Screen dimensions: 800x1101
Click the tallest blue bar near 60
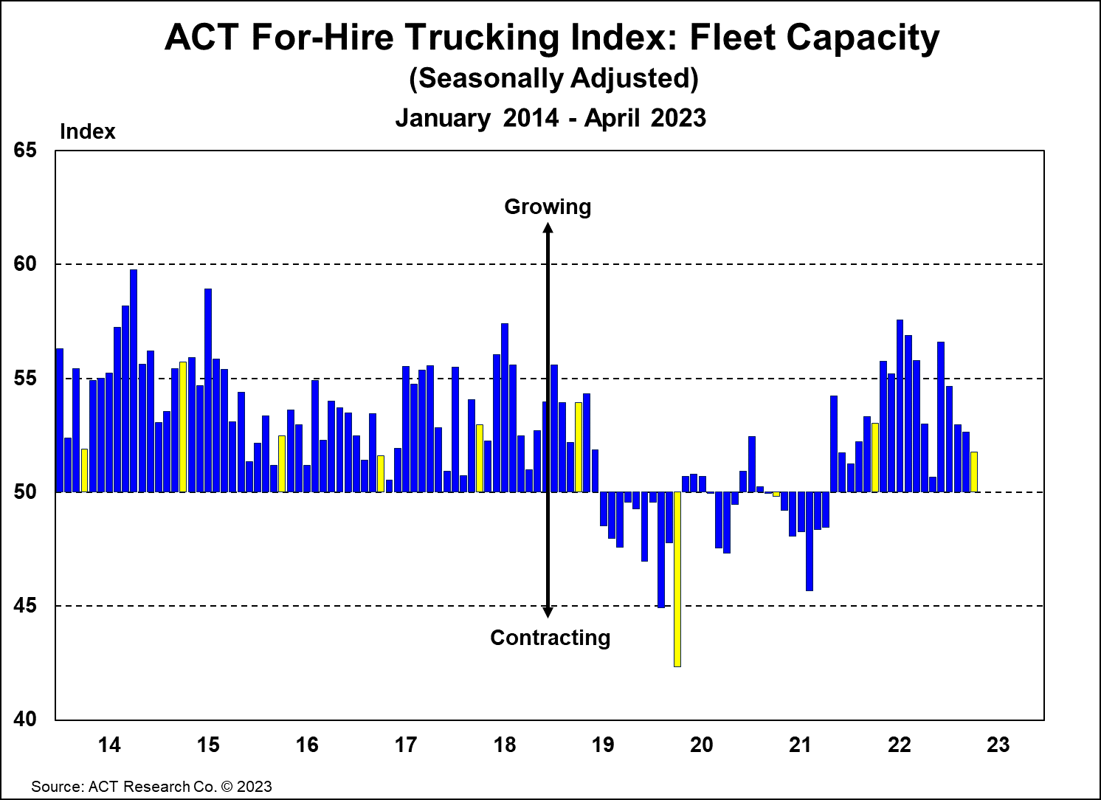pos(134,380)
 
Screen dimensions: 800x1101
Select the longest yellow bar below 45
pos(677,579)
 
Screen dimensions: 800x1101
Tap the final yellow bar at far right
pos(974,472)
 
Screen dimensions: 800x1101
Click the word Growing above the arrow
pos(548,207)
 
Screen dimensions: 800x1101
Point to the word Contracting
pos(550,638)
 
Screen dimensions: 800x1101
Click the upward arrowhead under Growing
pos(548,228)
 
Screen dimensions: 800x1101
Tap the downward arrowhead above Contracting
pos(548,612)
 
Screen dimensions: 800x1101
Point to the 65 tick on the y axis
pos(25,151)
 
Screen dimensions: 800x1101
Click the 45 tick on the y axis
pos(25,606)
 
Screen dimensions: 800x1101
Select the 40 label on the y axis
pos(25,719)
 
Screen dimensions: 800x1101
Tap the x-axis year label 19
pos(603,745)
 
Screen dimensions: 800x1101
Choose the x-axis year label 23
pos(998,745)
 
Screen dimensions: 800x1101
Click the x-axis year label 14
pos(109,745)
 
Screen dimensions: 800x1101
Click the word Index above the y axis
pos(87,131)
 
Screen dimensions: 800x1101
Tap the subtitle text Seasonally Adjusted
pos(553,78)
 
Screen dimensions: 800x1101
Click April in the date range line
pos(611,118)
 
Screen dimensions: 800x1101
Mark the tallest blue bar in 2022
pos(900,406)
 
